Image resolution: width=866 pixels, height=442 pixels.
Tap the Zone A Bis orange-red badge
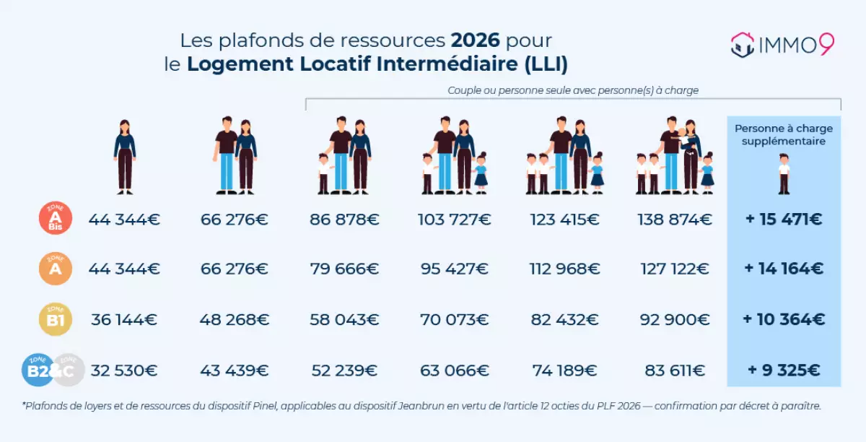click(x=55, y=218)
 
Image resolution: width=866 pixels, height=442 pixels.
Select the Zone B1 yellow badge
click(x=55, y=319)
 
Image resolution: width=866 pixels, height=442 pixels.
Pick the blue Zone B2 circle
click(x=38, y=370)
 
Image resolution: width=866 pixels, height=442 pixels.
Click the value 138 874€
click(x=675, y=219)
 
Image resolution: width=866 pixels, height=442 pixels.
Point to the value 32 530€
click(x=124, y=370)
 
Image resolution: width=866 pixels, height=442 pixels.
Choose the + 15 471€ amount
click(x=784, y=219)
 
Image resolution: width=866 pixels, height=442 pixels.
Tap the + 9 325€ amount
click(x=784, y=370)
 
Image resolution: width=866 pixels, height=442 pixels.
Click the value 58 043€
click(x=344, y=319)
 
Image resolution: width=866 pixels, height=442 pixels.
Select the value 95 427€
click(x=455, y=269)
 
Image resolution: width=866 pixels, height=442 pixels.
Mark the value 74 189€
click(x=564, y=370)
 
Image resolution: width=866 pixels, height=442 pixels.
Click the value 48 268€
click(x=234, y=319)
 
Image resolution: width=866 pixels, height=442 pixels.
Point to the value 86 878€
click(x=344, y=219)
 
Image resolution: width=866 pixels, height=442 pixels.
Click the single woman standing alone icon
click(x=125, y=157)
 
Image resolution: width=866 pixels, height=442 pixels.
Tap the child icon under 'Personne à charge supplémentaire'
click(x=784, y=175)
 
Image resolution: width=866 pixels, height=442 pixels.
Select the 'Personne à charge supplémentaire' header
click(x=784, y=135)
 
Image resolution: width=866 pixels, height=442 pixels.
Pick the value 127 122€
click(x=675, y=269)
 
